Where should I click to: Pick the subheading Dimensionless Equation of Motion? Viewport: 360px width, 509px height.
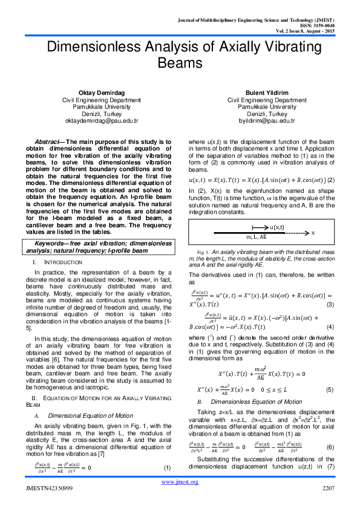tap(253, 367)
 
